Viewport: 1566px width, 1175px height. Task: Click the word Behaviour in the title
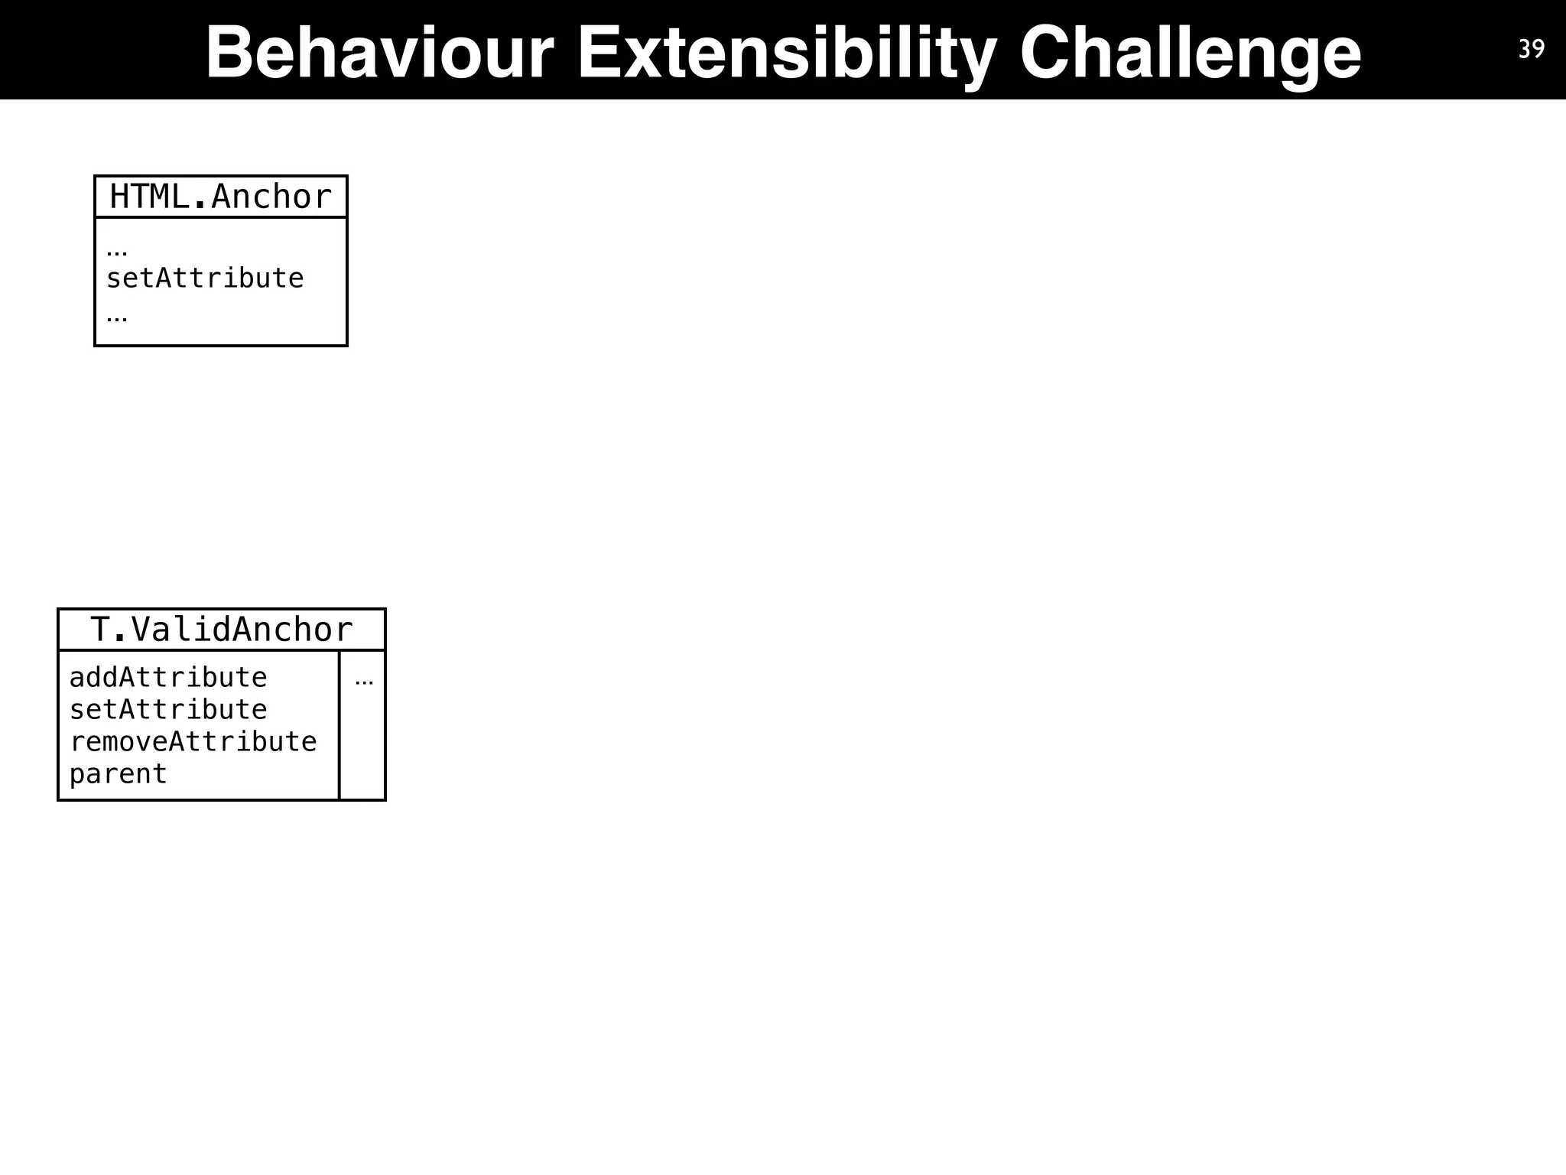(379, 52)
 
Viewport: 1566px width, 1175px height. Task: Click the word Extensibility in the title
(787, 52)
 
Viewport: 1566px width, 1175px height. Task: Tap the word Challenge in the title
(1190, 52)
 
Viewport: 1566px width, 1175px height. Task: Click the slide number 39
(1531, 49)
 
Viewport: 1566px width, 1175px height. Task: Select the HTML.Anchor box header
(220, 197)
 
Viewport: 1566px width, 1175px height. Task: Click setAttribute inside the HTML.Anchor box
(205, 278)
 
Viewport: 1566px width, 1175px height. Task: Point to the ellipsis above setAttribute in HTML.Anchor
(117, 252)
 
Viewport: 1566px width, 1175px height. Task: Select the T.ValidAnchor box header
(221, 630)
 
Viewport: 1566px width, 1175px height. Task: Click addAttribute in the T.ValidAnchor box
(168, 678)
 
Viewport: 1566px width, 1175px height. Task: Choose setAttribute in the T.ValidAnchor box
(168, 710)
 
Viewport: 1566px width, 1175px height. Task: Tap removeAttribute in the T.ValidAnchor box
(193, 742)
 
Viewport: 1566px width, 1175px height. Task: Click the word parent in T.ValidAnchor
(118, 774)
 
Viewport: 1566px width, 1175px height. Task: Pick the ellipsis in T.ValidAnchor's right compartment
(364, 682)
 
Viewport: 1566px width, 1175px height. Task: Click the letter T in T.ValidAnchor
(100, 630)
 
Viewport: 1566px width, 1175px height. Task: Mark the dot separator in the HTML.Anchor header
(200, 205)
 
